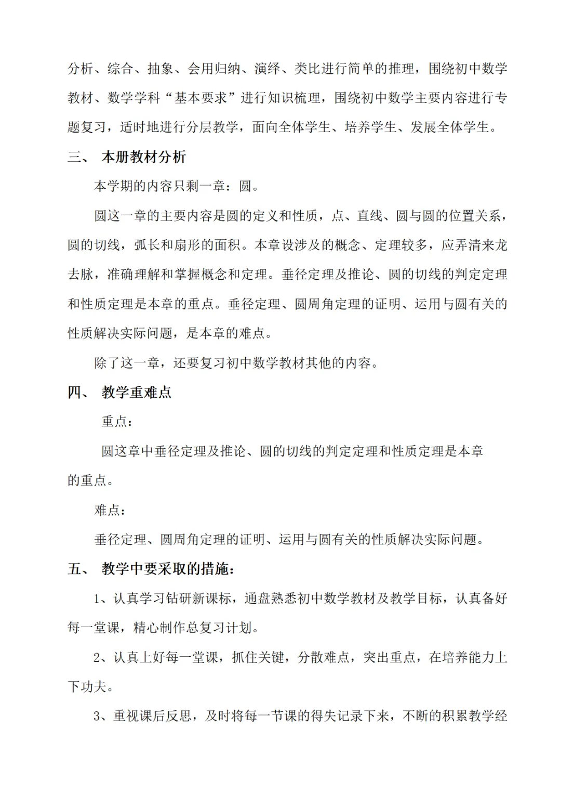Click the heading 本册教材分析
(x=144, y=157)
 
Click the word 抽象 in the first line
(x=160, y=69)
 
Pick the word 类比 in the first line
(x=308, y=69)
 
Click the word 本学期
(x=114, y=186)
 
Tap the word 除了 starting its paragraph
(x=107, y=363)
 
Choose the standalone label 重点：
(x=117, y=422)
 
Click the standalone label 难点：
(x=110, y=510)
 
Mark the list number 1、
(x=103, y=598)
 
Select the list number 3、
(x=103, y=716)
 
